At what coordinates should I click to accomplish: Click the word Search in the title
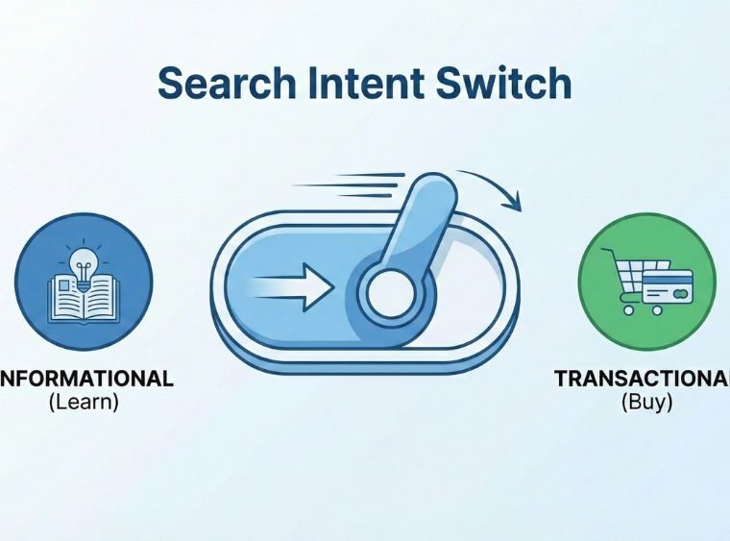coord(224,85)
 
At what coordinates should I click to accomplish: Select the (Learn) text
coord(84,403)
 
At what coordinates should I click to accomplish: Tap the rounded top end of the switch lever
coord(429,191)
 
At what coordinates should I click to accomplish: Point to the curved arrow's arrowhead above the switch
coord(515,201)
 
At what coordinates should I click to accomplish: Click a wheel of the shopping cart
coord(629,309)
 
